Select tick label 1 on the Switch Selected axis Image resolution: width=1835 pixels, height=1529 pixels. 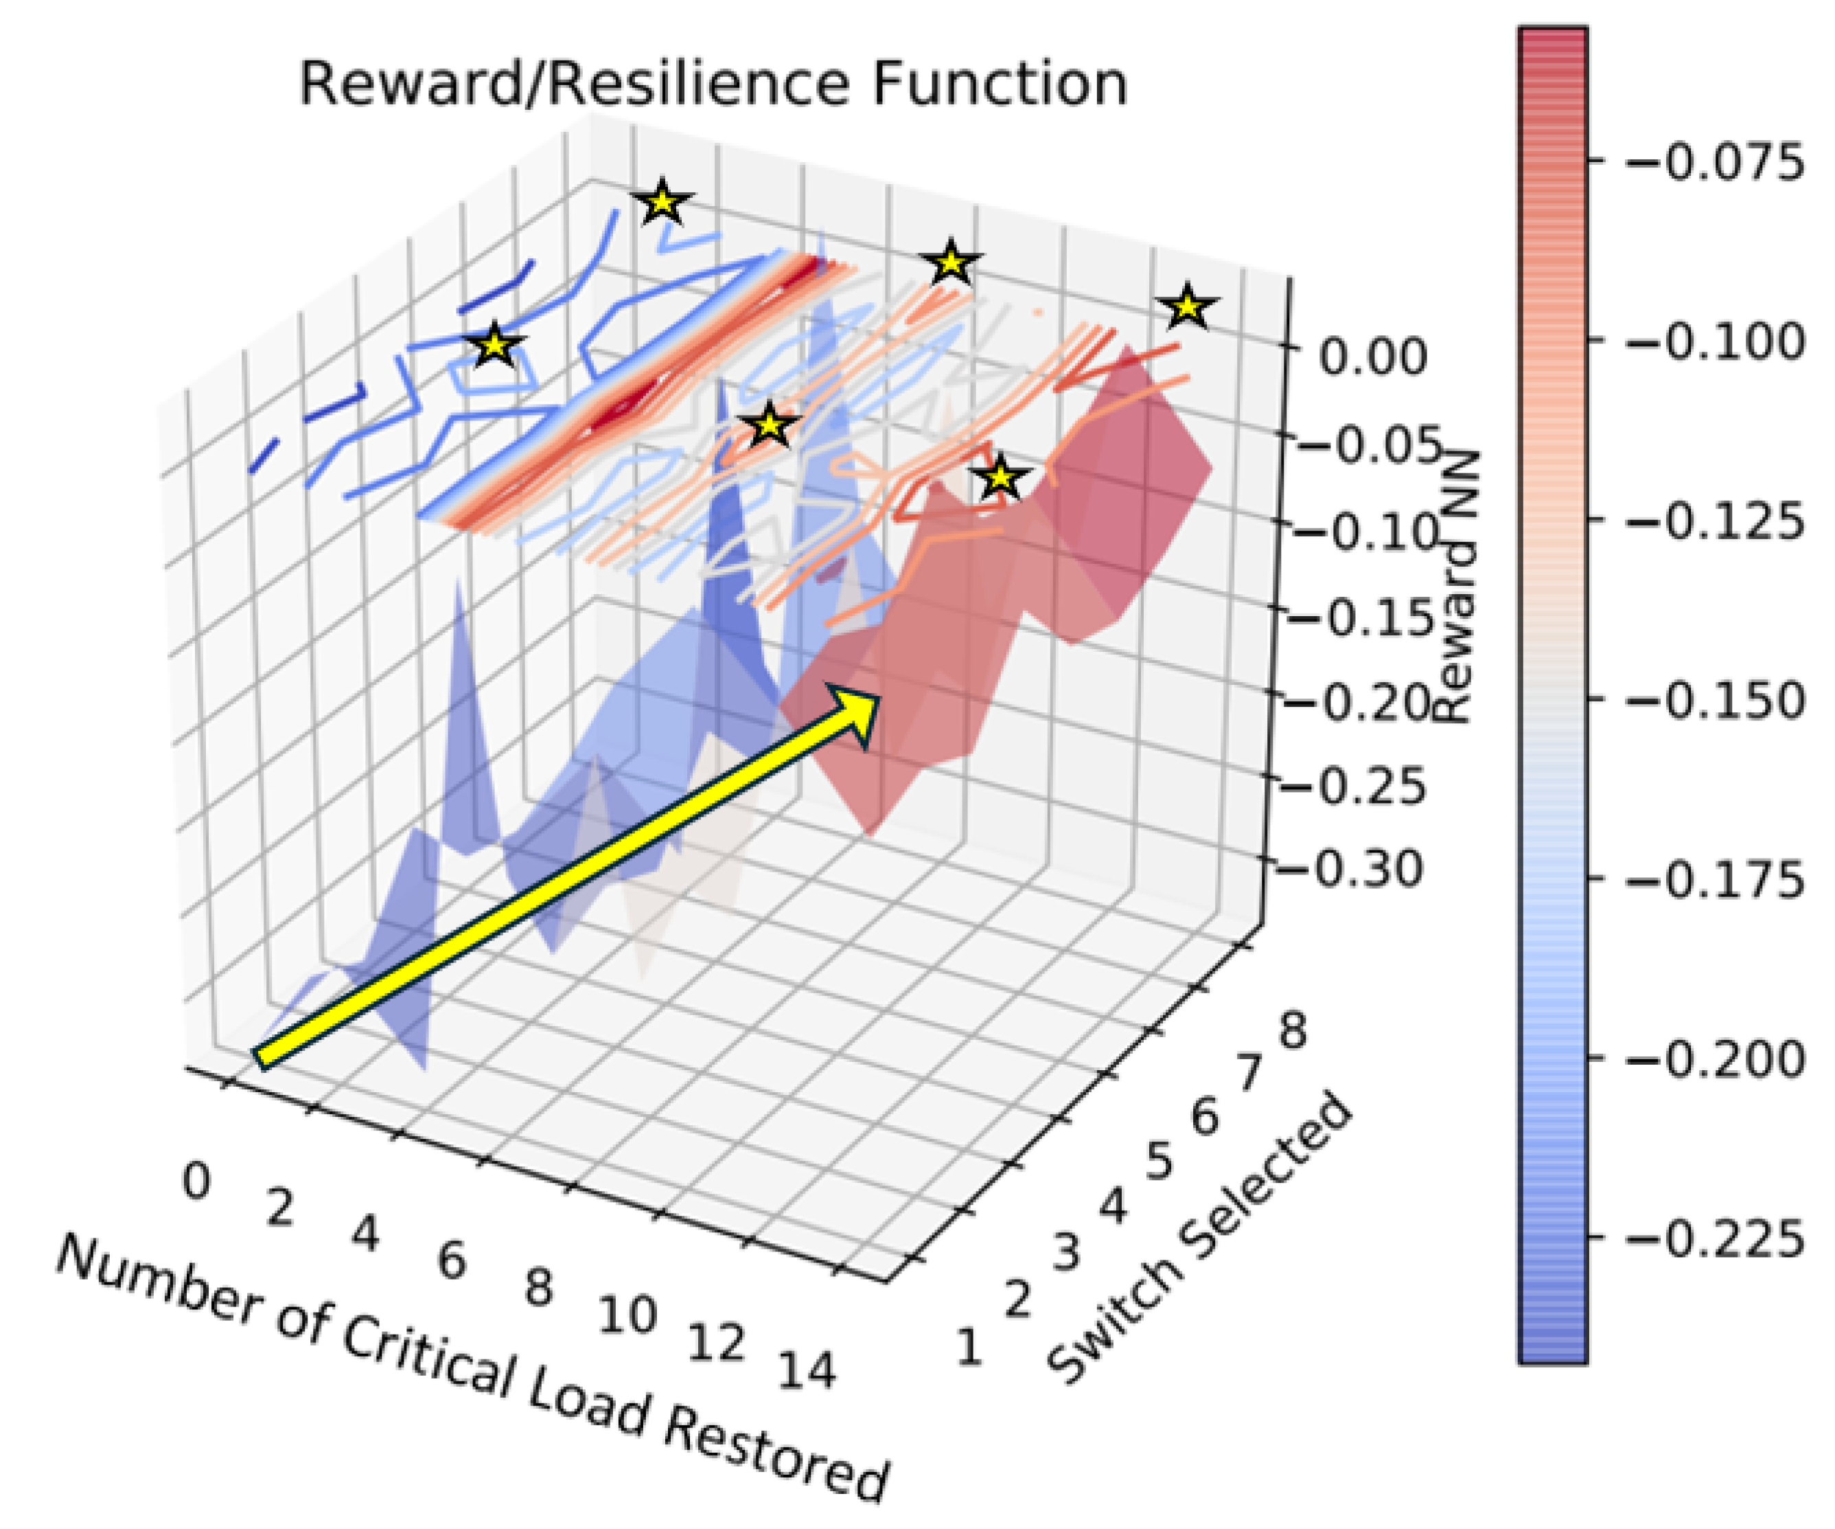[x=967, y=1347]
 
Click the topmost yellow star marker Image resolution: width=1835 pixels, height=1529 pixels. [x=663, y=203]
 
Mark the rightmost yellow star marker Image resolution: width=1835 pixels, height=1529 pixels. [x=1188, y=307]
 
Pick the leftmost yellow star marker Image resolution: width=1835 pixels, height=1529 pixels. [x=494, y=346]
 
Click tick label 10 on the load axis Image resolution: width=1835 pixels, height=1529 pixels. [x=627, y=1314]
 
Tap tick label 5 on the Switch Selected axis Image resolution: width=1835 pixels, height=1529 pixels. [x=1159, y=1162]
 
